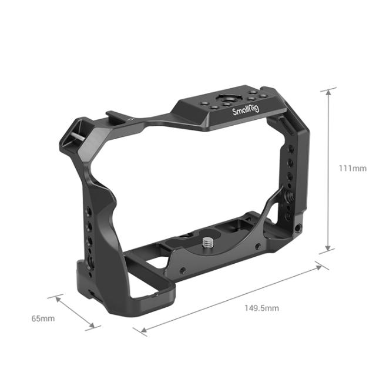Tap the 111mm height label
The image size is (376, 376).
click(351, 169)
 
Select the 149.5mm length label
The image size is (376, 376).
click(261, 308)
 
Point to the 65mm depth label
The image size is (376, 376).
click(43, 318)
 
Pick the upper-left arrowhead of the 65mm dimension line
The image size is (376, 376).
click(57, 298)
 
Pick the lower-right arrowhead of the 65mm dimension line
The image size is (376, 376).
click(92, 326)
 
